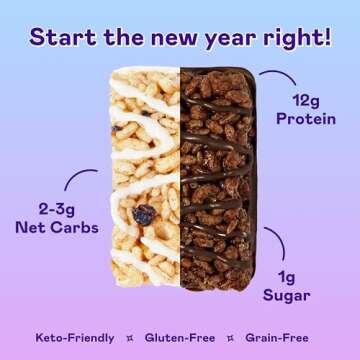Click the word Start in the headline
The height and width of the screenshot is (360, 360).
point(59,37)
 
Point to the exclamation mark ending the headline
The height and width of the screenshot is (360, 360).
point(326,37)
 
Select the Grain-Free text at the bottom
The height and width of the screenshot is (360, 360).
point(285,339)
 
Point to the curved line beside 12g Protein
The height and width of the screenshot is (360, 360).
point(278,76)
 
